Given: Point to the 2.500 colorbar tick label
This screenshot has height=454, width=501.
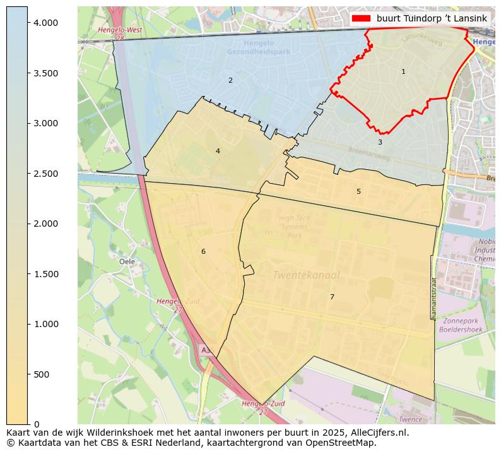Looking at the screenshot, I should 45,174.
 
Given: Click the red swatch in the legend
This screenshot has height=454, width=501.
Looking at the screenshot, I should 362,18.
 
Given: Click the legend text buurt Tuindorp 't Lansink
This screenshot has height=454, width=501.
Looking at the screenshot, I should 432,18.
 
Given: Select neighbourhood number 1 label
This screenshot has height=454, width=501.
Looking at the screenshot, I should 404,72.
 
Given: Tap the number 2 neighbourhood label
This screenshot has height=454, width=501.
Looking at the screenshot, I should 230,80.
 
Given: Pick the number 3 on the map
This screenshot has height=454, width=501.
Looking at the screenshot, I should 380,143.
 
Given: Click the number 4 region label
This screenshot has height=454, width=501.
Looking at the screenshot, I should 218,151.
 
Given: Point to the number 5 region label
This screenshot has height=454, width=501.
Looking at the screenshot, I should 358,191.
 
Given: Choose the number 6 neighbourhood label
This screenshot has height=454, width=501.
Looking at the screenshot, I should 203,251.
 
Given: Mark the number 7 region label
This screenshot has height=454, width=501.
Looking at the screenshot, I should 332,297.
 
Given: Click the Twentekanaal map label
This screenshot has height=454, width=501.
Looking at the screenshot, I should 306,275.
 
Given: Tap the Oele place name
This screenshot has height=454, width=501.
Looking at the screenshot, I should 127,261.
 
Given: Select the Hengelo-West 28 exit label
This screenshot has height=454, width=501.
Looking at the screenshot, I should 120,33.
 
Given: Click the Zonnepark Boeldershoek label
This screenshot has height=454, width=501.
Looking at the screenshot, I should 461,325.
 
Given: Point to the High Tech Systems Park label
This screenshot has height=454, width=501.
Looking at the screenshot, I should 295,227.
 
